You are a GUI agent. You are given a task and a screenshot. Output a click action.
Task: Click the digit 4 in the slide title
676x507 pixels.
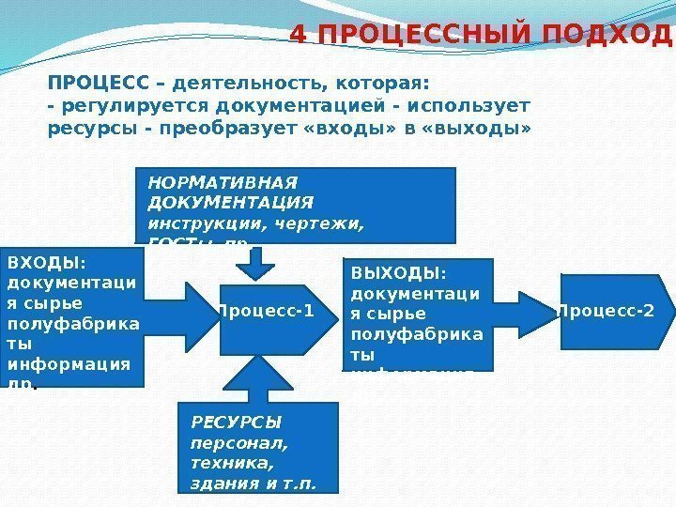[300, 35]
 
